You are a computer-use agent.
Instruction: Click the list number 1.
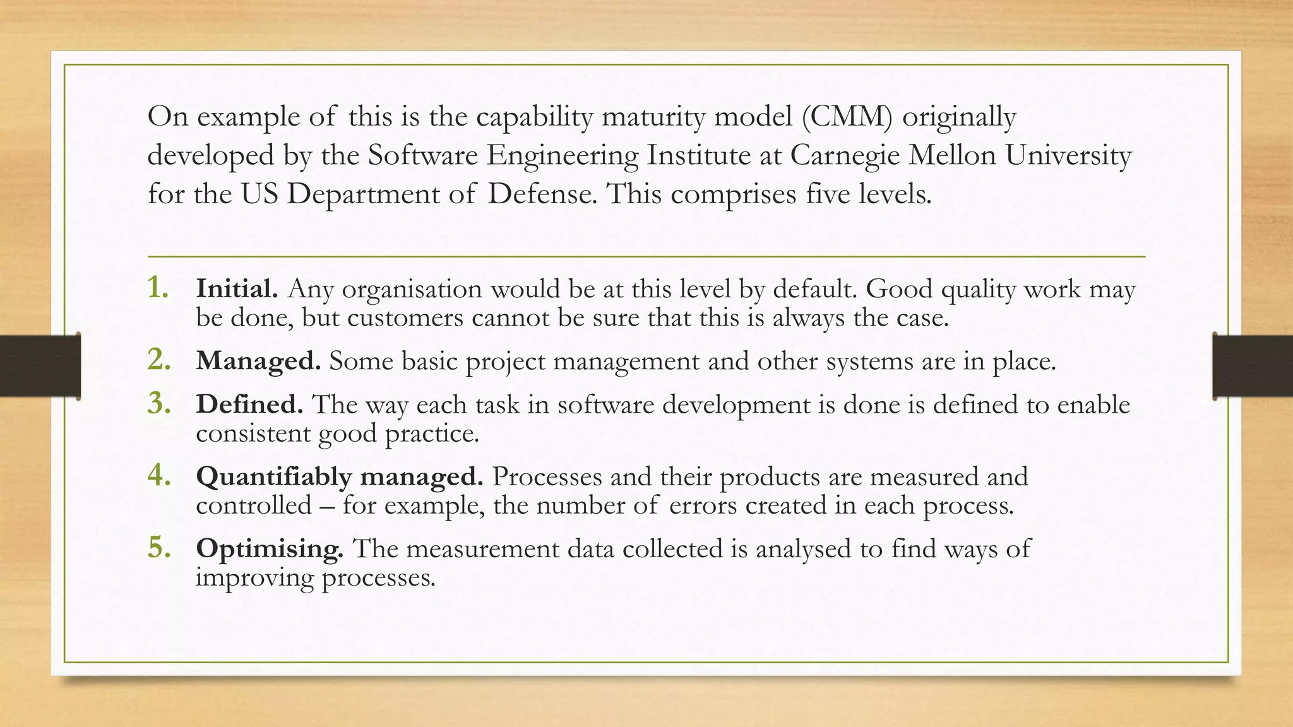tap(158, 288)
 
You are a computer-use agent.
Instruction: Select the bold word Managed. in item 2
tap(258, 361)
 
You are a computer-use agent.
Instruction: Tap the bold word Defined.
tap(249, 405)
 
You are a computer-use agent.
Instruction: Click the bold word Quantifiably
tap(273, 477)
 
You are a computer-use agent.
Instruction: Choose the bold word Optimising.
tap(270, 549)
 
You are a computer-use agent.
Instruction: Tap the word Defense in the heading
tap(542, 194)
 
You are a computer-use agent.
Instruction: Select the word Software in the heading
tap(422, 155)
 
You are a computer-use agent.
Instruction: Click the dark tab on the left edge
tap(40, 366)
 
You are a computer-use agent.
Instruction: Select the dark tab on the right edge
tap(1253, 366)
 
